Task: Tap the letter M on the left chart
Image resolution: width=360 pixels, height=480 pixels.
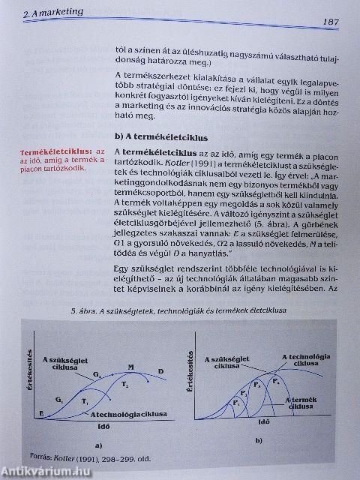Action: (130, 367)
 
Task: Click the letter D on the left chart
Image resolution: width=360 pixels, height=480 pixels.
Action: (160, 370)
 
